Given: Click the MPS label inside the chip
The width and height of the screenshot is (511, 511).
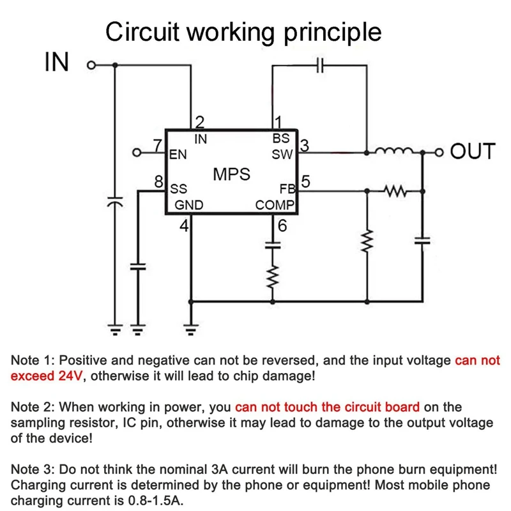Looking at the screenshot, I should tap(231, 174).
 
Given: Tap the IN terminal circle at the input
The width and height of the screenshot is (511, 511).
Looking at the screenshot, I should tap(90, 65).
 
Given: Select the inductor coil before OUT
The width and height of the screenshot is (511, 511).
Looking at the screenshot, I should tap(395, 152).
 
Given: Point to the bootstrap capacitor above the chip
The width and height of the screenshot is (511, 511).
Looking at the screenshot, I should tap(321, 65).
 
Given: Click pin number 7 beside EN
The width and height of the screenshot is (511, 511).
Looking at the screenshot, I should tap(156, 146).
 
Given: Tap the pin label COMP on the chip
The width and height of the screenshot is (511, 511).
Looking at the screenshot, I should tap(274, 205).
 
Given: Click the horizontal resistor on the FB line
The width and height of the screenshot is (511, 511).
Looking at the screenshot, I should tap(395, 190).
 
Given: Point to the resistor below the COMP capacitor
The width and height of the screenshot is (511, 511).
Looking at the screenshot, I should tap(274, 277).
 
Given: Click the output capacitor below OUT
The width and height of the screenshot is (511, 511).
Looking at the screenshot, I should tap(422, 240).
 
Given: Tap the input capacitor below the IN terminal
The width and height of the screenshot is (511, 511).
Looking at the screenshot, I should tap(114, 202).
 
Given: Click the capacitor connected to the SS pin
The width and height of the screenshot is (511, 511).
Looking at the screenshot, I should tap(137, 266).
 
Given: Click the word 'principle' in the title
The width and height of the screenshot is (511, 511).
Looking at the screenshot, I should tap(335, 31).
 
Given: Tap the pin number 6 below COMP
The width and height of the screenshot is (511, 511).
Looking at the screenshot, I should tap(282, 225).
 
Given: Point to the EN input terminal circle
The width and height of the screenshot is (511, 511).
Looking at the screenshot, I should tap(135, 153).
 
